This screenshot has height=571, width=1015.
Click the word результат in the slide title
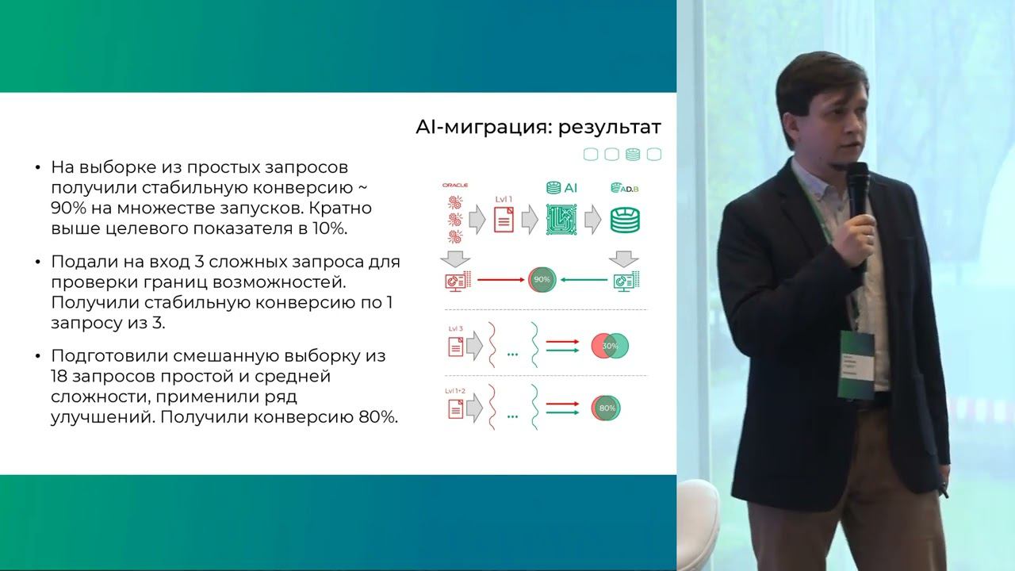(x=608, y=128)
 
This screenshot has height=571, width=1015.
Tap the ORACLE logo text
(x=455, y=185)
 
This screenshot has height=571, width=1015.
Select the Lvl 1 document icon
(x=504, y=219)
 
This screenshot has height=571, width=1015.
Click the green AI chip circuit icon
(x=561, y=219)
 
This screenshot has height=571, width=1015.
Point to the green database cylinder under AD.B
(x=625, y=220)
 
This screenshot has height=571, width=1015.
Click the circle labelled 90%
(x=542, y=280)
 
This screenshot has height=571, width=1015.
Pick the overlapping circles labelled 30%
(x=610, y=346)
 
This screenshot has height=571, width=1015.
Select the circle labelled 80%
(x=607, y=408)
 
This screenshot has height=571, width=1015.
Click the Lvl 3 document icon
(x=456, y=347)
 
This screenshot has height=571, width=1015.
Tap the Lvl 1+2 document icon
(x=456, y=408)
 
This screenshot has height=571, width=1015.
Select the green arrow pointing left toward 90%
(x=584, y=280)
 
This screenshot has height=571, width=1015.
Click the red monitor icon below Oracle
(x=458, y=280)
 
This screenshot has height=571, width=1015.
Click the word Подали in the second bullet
(x=80, y=262)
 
